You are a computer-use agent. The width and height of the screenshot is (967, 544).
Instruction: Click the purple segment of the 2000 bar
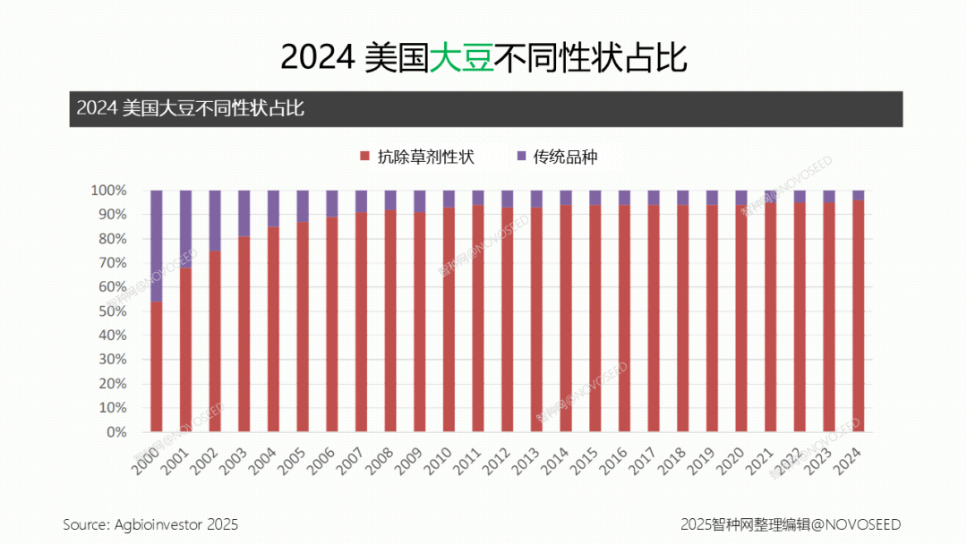(x=157, y=246)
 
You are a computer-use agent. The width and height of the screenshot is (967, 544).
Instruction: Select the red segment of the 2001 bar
(x=185, y=349)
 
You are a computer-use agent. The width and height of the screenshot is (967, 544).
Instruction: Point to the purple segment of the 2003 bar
(x=244, y=213)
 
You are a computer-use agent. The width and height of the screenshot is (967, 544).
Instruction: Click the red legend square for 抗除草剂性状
(x=364, y=157)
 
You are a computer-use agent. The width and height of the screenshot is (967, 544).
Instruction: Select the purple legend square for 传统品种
(x=522, y=157)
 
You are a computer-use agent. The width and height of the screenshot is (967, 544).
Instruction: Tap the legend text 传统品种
(x=565, y=157)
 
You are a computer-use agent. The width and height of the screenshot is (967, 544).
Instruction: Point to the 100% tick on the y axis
(x=108, y=191)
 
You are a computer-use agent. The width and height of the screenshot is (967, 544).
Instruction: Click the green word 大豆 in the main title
(x=462, y=57)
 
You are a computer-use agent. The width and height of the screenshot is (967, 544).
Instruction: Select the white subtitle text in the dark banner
(x=190, y=108)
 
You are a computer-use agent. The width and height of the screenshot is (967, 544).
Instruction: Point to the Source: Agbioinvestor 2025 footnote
(x=150, y=524)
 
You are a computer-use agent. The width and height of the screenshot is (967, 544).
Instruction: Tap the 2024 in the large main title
(x=319, y=57)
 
